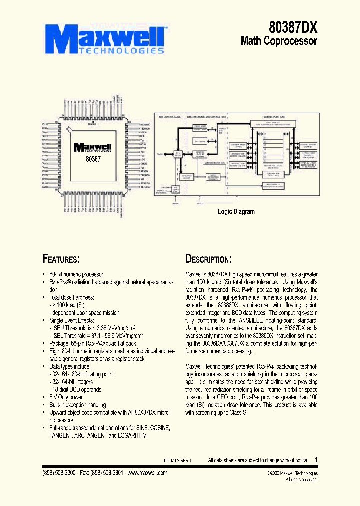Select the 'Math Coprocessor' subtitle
[279, 41]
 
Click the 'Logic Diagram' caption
[236, 211]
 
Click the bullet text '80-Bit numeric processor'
[76, 274]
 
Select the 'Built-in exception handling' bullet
[77, 405]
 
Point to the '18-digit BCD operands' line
[75, 389]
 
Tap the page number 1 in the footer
[316, 459]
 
